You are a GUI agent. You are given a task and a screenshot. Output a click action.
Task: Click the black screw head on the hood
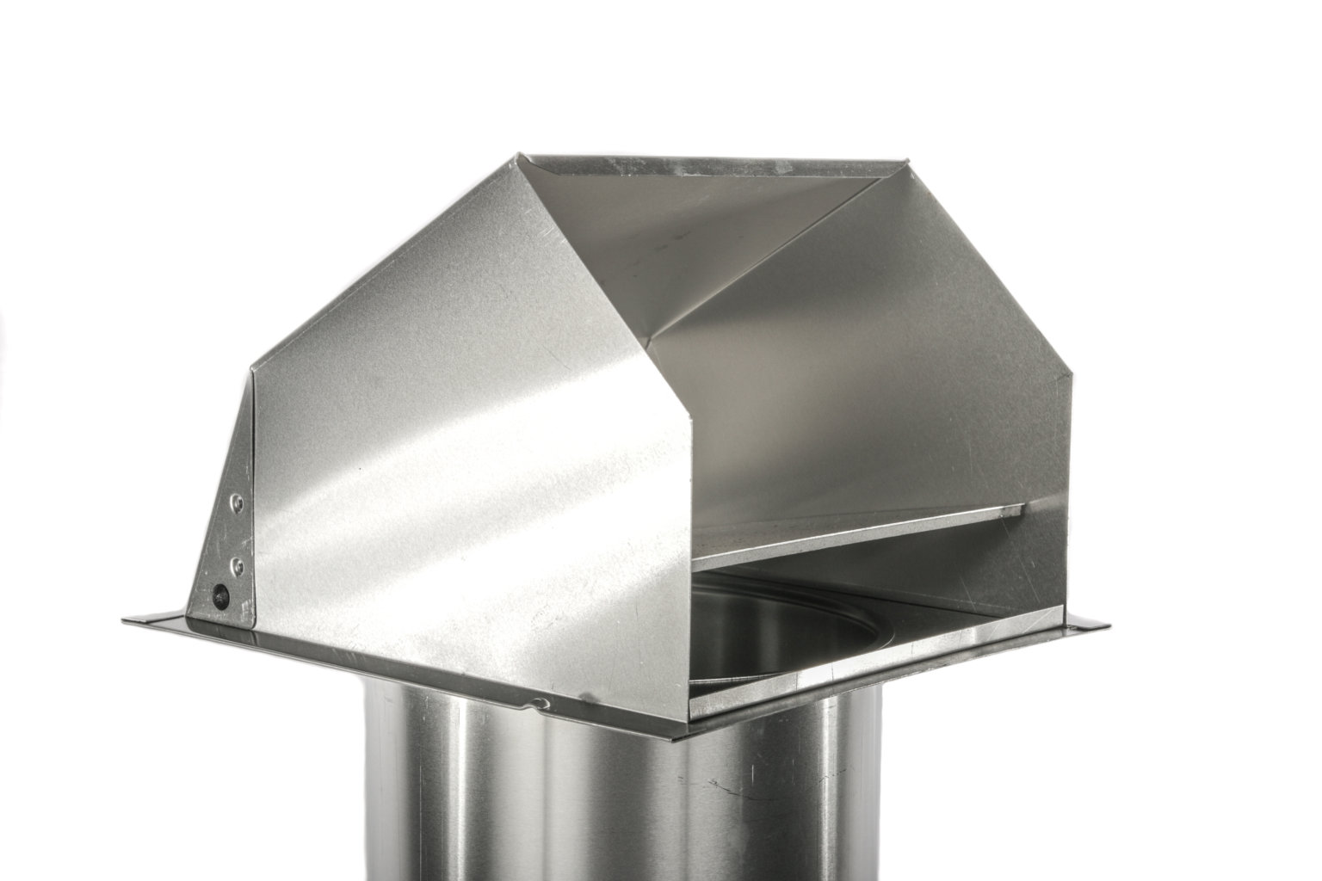pos(221,593)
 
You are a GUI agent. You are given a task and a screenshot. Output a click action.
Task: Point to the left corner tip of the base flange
pos(121,618)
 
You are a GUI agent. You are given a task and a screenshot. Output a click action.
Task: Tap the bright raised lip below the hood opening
pos(861,662)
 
